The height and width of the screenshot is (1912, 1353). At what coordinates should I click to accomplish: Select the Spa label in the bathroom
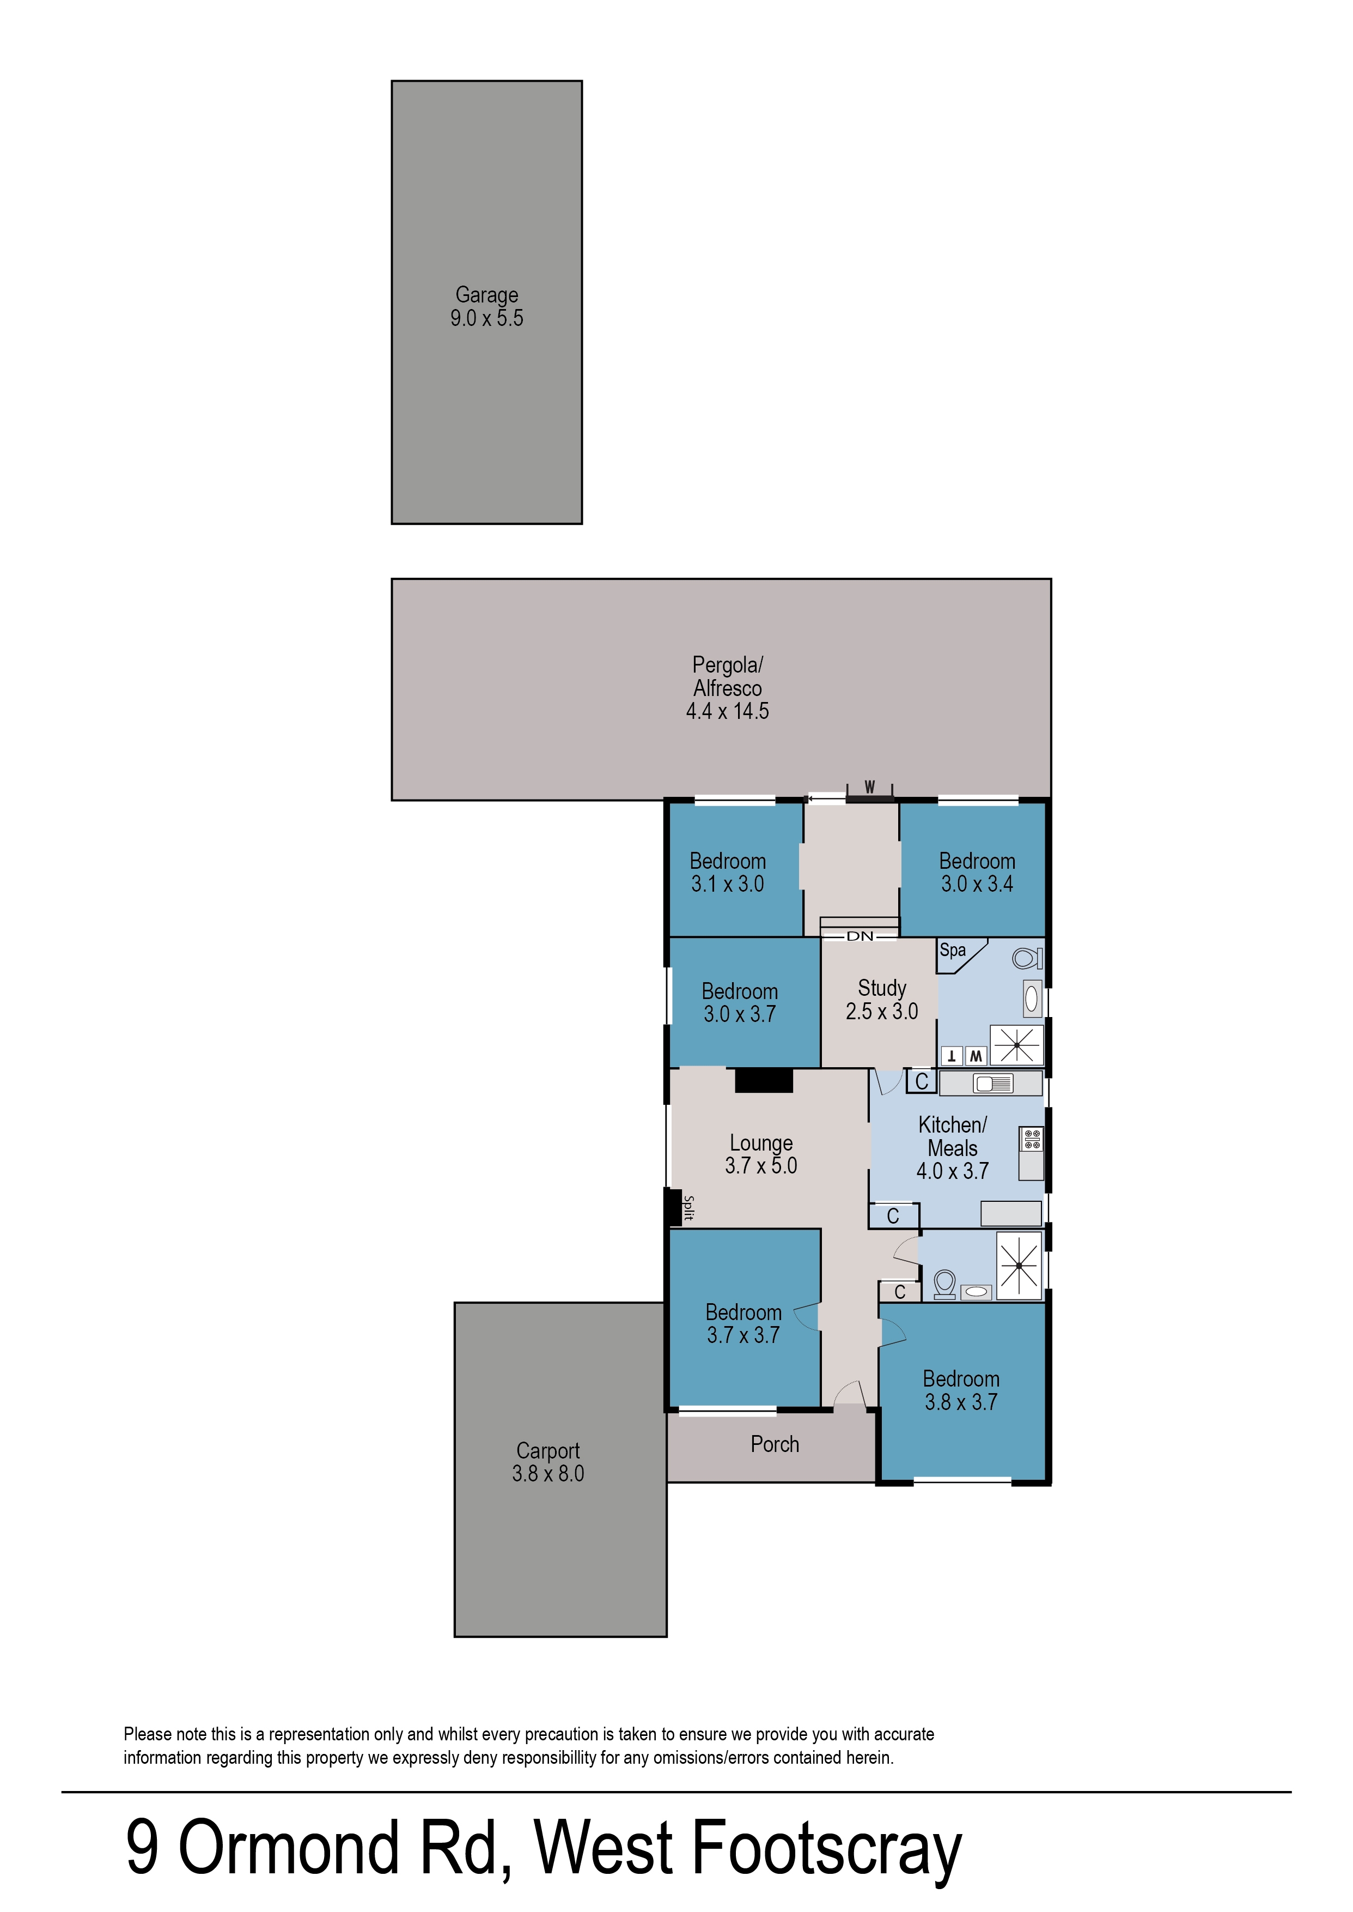[952, 950]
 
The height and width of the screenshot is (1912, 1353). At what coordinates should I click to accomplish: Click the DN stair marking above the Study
[860, 936]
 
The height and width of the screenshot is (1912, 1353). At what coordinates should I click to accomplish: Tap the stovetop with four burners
[1032, 1139]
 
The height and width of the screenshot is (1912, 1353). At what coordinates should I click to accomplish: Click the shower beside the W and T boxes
[1016, 1045]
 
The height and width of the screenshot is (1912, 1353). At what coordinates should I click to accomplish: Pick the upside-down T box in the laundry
[952, 1057]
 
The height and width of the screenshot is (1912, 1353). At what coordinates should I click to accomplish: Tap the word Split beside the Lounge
[688, 1208]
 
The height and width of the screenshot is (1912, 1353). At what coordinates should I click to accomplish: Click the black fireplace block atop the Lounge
[763, 1081]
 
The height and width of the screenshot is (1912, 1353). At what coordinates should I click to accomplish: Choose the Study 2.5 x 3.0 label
[881, 1000]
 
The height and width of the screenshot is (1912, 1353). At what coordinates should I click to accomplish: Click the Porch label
[774, 1444]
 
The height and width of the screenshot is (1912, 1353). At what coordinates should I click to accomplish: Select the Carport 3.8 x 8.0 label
[547, 1462]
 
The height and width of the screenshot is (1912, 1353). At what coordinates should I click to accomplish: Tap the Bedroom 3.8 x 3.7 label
[961, 1390]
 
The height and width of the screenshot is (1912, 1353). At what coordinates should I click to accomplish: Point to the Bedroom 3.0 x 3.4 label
[977, 872]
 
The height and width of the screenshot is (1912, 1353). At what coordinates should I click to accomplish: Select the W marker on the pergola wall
[869, 787]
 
